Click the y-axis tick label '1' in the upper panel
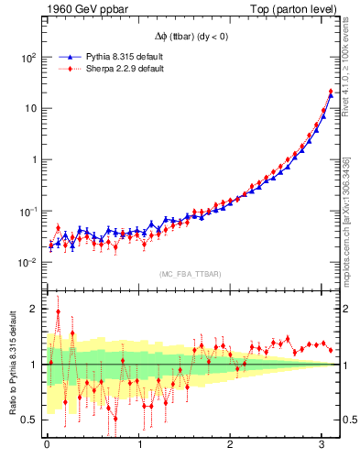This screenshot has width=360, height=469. click(x=35, y=159)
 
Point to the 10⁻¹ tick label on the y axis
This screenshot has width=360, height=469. click(x=27, y=212)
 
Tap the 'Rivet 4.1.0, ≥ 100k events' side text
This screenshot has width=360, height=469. click(x=346, y=73)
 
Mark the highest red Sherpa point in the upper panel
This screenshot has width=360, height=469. click(x=331, y=92)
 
